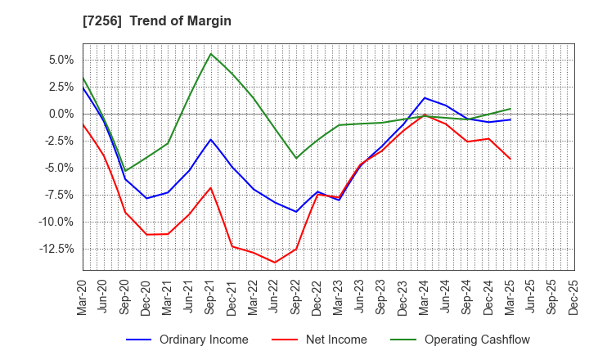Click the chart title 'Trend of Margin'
click(x=187, y=21)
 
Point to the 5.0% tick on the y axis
click(x=61, y=60)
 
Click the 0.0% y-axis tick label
click(x=61, y=114)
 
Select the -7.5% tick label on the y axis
click(x=58, y=195)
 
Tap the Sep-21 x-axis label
click(x=211, y=298)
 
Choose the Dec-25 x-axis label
click(x=573, y=298)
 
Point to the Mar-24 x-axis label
click(x=425, y=298)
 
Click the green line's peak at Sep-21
click(x=211, y=54)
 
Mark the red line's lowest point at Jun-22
click(x=275, y=263)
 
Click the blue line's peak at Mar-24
click(x=425, y=98)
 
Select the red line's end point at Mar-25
click(x=510, y=159)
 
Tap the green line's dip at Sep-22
click(x=296, y=158)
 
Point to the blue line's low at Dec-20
click(x=146, y=198)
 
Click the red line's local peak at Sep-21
click(x=211, y=187)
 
